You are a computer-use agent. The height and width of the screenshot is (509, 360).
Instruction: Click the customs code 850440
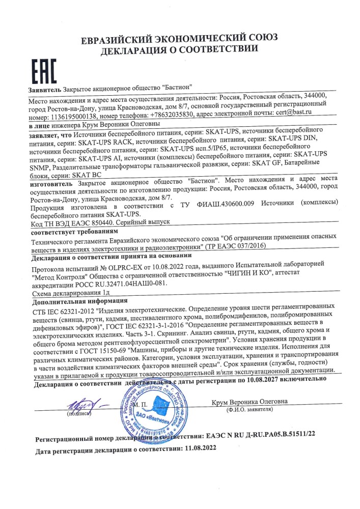[113, 223]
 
